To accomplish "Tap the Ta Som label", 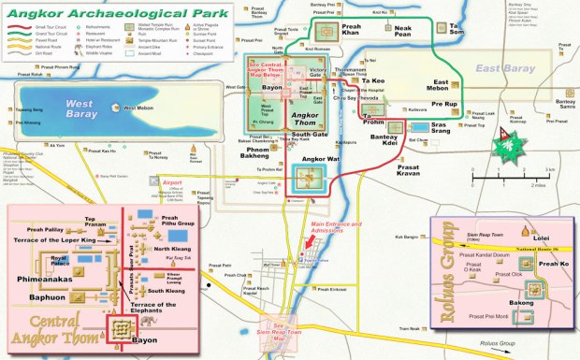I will click(x=457, y=31).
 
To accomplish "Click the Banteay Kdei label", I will click(x=386, y=139).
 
